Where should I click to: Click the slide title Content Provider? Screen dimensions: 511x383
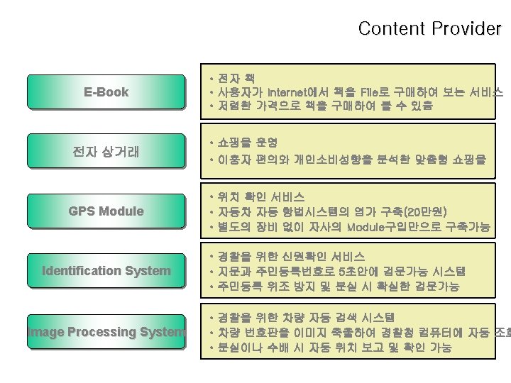[429, 29]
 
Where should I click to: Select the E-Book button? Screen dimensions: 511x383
[106, 91]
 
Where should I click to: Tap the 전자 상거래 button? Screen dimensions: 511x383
[106, 151]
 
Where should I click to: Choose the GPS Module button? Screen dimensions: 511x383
[106, 211]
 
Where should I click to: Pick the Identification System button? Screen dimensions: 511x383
[106, 270]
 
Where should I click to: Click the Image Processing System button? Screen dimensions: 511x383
[106, 331]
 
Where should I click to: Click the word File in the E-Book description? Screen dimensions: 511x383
[372, 91]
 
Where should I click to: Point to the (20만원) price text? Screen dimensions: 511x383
[423, 211]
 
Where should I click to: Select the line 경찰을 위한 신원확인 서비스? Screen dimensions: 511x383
[291, 256]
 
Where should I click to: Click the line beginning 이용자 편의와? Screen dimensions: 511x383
[352, 160]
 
